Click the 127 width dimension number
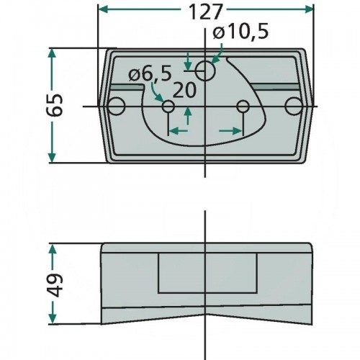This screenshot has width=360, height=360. (204, 12)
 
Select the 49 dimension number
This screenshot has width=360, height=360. (55, 285)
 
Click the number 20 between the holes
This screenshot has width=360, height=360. (184, 91)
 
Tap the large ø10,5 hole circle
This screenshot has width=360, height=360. (205, 71)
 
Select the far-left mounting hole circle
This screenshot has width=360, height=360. (117, 106)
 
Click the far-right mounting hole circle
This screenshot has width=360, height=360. (294, 106)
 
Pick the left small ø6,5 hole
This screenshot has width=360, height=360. (168, 106)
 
